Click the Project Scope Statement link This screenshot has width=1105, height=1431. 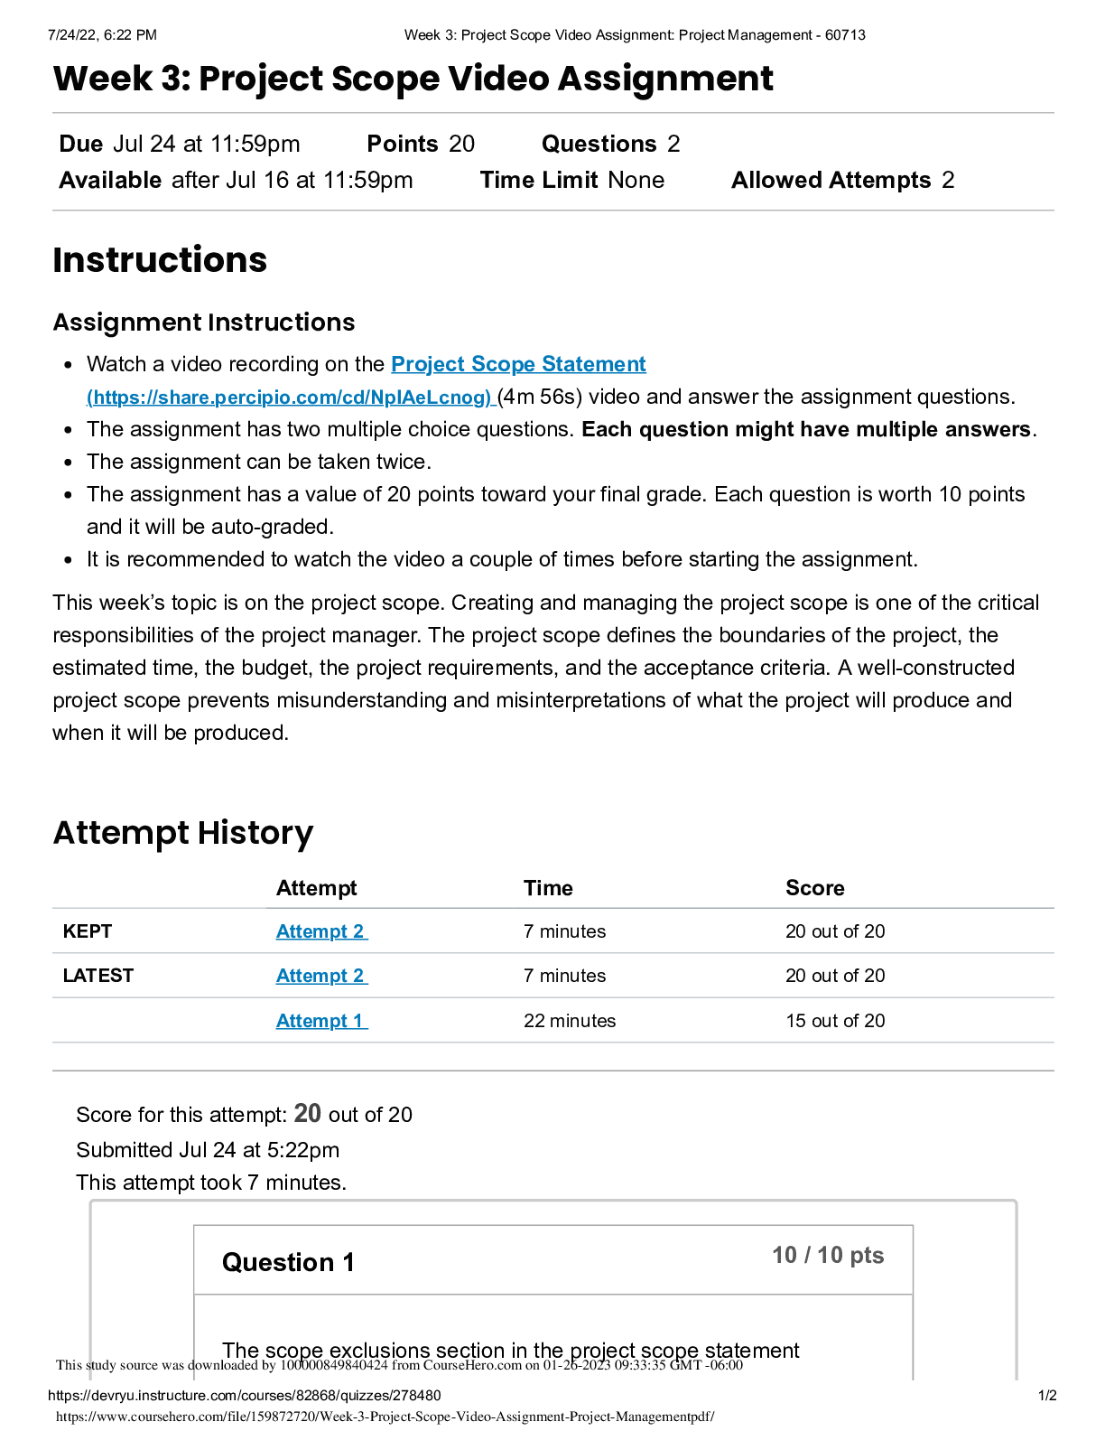tap(518, 364)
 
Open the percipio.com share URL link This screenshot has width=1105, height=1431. tap(289, 397)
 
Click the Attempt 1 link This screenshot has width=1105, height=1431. tap(320, 1021)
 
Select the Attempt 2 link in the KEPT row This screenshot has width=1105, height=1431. tap(320, 931)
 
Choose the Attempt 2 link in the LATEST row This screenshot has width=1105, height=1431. tap(320, 976)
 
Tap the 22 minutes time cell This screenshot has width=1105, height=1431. tap(570, 1021)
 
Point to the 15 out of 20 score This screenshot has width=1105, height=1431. tap(835, 1021)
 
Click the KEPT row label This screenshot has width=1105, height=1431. tap(88, 931)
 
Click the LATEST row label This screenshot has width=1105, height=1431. tap(98, 976)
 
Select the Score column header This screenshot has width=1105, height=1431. tap(814, 888)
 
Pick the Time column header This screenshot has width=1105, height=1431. tap(548, 888)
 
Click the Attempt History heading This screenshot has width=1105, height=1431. tap(183, 833)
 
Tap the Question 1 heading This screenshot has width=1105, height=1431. tap(288, 1262)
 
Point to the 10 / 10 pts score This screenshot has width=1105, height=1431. tap(828, 1255)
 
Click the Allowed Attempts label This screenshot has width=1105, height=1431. tap(831, 181)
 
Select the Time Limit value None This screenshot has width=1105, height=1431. tap(636, 181)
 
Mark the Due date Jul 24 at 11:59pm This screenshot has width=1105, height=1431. tap(207, 145)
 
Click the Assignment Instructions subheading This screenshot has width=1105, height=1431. tap(204, 323)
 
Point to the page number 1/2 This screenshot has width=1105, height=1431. tap(1047, 1396)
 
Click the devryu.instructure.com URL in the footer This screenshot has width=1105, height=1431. tap(245, 1396)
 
